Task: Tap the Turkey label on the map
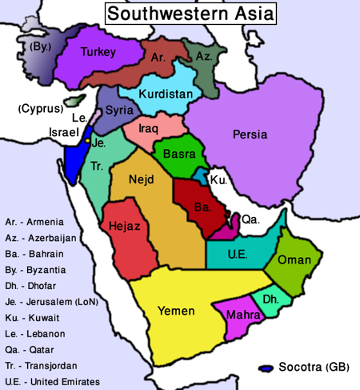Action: coord(98,53)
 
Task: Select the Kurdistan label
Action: coord(166,94)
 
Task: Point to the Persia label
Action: coord(250,134)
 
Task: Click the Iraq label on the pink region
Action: coord(149,127)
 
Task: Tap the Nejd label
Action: coord(141,179)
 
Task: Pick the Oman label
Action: coord(294,260)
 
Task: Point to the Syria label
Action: coord(119,110)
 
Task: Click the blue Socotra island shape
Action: coord(267,369)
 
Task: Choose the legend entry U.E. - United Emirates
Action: coord(53,382)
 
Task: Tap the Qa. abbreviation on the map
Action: coord(250,219)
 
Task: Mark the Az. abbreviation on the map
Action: coord(203,58)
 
